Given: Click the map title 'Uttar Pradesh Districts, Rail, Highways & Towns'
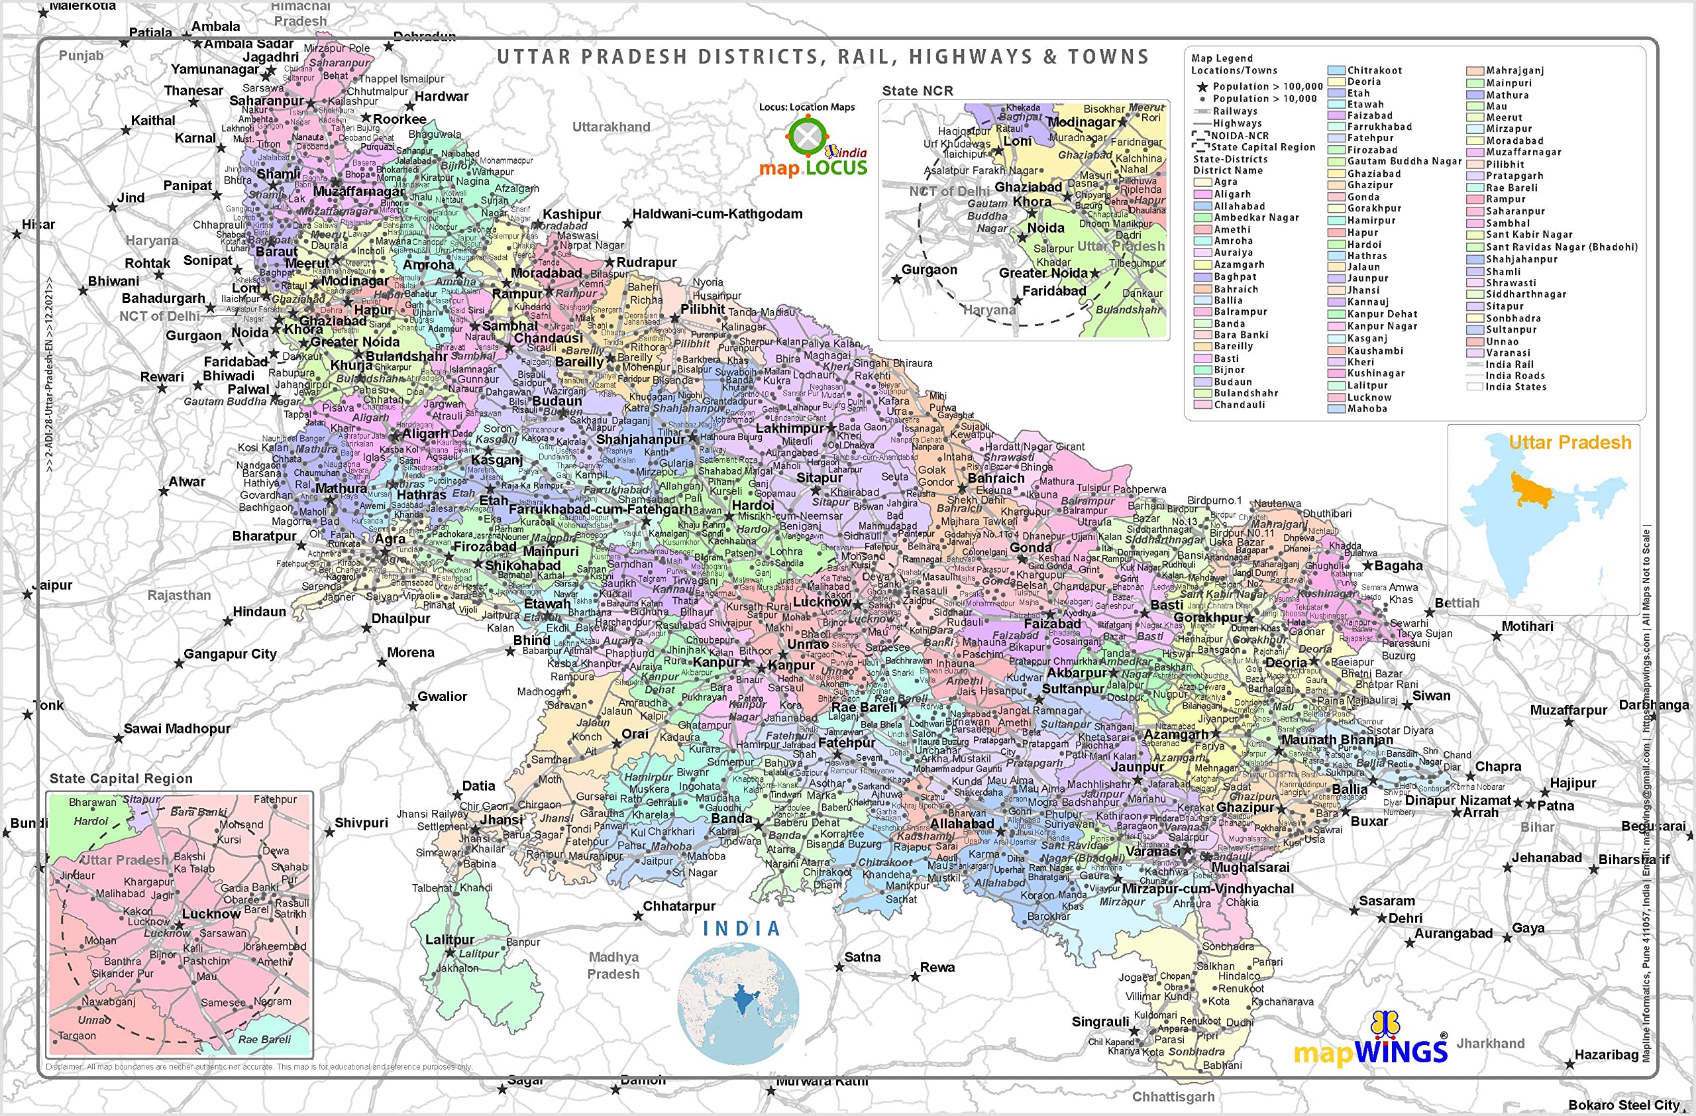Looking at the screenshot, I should tap(822, 57).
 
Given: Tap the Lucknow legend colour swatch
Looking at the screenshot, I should tap(1336, 397).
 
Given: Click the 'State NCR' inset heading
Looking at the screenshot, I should tap(917, 91).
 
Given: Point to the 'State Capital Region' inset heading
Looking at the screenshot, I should tap(121, 778).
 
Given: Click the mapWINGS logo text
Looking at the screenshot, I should tap(1369, 1050).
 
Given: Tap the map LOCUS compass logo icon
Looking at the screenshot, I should tap(808, 137).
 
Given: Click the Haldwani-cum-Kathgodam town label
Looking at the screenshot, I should tap(717, 214).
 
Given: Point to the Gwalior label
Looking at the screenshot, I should tap(442, 697).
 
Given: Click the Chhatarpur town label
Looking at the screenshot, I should tap(678, 906).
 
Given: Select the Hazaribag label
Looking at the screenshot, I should tap(1606, 1055).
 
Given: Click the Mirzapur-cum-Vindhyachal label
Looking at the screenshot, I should tap(1207, 889).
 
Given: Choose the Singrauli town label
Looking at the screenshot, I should tap(1100, 1021).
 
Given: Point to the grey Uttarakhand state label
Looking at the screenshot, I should tap(611, 127).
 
